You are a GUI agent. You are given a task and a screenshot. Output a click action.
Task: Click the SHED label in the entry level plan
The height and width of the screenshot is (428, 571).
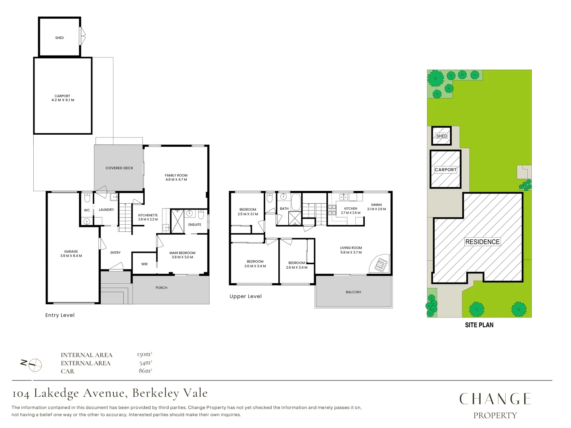click(59, 38)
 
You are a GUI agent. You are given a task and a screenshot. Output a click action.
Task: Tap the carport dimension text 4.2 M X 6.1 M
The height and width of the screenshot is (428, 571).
click(63, 100)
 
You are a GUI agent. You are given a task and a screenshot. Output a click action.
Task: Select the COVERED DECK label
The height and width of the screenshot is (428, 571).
click(119, 168)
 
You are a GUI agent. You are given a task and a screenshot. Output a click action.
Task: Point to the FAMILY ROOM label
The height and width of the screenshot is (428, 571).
click(176, 175)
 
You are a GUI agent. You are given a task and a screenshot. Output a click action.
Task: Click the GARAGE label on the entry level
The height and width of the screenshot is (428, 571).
click(71, 251)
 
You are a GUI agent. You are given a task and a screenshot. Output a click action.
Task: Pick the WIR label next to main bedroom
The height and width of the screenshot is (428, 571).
click(144, 264)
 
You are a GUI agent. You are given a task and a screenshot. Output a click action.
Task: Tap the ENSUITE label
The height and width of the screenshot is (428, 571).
click(195, 225)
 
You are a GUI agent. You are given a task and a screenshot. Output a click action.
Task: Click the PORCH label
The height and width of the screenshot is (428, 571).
click(161, 288)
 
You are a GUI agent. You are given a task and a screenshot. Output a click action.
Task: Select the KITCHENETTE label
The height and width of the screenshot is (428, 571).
click(148, 215)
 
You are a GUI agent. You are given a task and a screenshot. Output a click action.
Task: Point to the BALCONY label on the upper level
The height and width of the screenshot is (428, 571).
click(353, 292)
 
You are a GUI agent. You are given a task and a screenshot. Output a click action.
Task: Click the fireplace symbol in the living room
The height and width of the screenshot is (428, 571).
click(380, 264)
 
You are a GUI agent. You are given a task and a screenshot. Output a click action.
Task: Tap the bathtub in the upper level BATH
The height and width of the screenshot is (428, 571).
click(296, 202)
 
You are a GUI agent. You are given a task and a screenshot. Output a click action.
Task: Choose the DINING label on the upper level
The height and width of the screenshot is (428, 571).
click(376, 205)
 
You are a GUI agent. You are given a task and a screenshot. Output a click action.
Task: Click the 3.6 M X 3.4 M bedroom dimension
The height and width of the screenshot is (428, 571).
click(255, 266)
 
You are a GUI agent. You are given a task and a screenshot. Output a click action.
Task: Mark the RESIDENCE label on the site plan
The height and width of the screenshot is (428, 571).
click(482, 242)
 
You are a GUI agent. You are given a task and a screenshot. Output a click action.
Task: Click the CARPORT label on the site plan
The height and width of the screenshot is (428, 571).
click(446, 170)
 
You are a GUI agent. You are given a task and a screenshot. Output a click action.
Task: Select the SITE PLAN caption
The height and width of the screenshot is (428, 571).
click(479, 325)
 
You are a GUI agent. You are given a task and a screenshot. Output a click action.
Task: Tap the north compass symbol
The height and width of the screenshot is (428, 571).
click(35, 365)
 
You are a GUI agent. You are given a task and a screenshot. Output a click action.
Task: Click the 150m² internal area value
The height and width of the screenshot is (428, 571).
click(144, 354)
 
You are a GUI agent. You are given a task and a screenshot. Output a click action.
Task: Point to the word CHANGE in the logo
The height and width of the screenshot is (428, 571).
click(495, 399)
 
